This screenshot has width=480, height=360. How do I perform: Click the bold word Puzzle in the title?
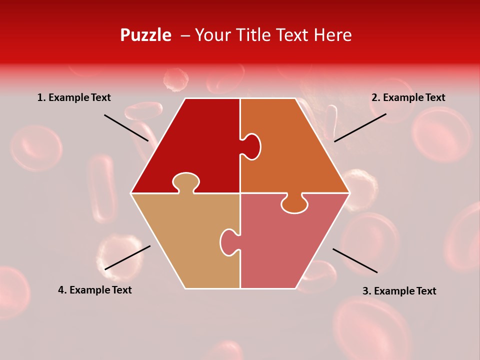[145, 35]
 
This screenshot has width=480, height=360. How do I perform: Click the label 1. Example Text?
[74, 98]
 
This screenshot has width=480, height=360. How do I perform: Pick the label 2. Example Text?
[408, 98]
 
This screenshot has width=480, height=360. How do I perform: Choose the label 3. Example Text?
[399, 291]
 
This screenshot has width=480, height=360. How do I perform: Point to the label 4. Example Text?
[94, 290]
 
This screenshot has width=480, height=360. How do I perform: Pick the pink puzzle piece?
[285, 250]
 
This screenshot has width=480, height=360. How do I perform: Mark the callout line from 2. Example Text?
[360, 127]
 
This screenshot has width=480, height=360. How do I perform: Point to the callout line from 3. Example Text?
[355, 260]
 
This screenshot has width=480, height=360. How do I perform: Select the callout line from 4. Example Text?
[127, 257]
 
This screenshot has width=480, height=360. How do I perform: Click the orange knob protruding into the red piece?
[252, 146]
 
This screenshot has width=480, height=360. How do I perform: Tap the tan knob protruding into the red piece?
[185, 182]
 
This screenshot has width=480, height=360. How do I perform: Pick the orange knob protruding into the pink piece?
[294, 203]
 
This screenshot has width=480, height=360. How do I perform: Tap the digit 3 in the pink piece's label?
[365, 291]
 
